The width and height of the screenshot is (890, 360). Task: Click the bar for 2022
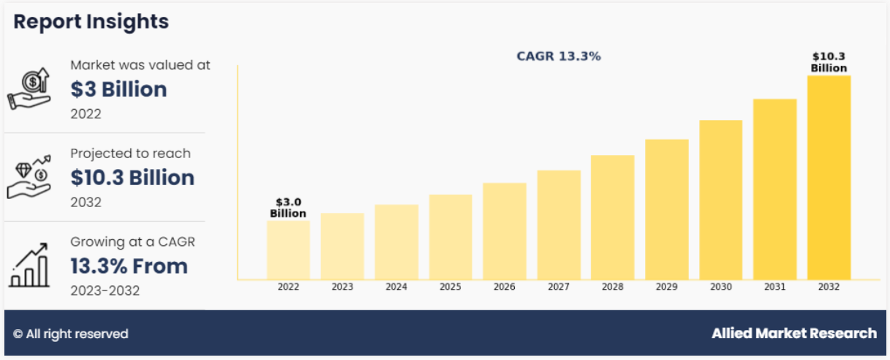click(288, 250)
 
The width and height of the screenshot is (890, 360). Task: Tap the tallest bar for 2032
click(829, 176)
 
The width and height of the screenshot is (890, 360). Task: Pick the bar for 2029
click(666, 209)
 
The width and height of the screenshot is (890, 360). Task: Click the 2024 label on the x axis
click(396, 288)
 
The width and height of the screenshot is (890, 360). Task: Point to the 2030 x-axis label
click(720, 288)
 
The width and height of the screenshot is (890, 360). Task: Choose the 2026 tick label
click(505, 288)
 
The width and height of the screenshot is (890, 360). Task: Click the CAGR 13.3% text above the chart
click(559, 56)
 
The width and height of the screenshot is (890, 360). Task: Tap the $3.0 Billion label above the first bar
click(288, 207)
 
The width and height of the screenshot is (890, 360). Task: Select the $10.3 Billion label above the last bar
click(829, 62)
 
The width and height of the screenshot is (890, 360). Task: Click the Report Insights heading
click(91, 22)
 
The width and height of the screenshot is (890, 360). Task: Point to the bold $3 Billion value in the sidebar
click(118, 89)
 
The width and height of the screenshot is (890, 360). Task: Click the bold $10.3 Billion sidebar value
click(132, 178)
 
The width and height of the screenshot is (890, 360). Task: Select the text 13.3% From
click(129, 266)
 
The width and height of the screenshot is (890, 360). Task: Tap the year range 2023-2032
click(105, 290)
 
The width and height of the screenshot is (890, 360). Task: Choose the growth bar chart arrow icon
click(29, 265)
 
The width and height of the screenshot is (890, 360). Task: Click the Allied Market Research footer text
click(794, 334)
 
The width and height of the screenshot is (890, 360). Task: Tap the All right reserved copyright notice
click(71, 334)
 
